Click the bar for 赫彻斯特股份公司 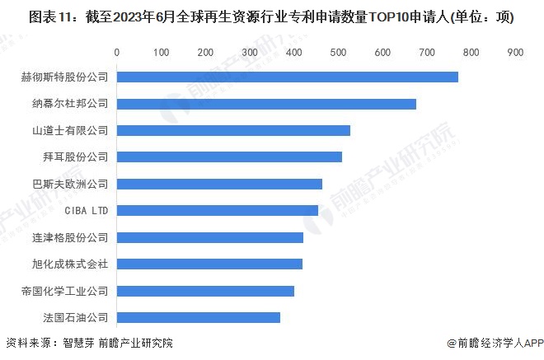(x=287, y=77)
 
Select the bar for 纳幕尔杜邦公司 (x=266, y=104)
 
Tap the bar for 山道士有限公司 (x=233, y=130)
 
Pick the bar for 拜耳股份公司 (x=229, y=157)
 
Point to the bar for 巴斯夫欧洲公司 (x=219, y=184)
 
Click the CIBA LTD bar (x=217, y=210)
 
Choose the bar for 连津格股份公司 (x=210, y=237)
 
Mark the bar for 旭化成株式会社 (x=209, y=264)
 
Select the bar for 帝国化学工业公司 (x=205, y=291)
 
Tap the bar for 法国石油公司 (x=199, y=317)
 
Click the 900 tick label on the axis (x=516, y=52)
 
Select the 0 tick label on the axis (x=117, y=52)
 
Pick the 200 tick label (x=206, y=52)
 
